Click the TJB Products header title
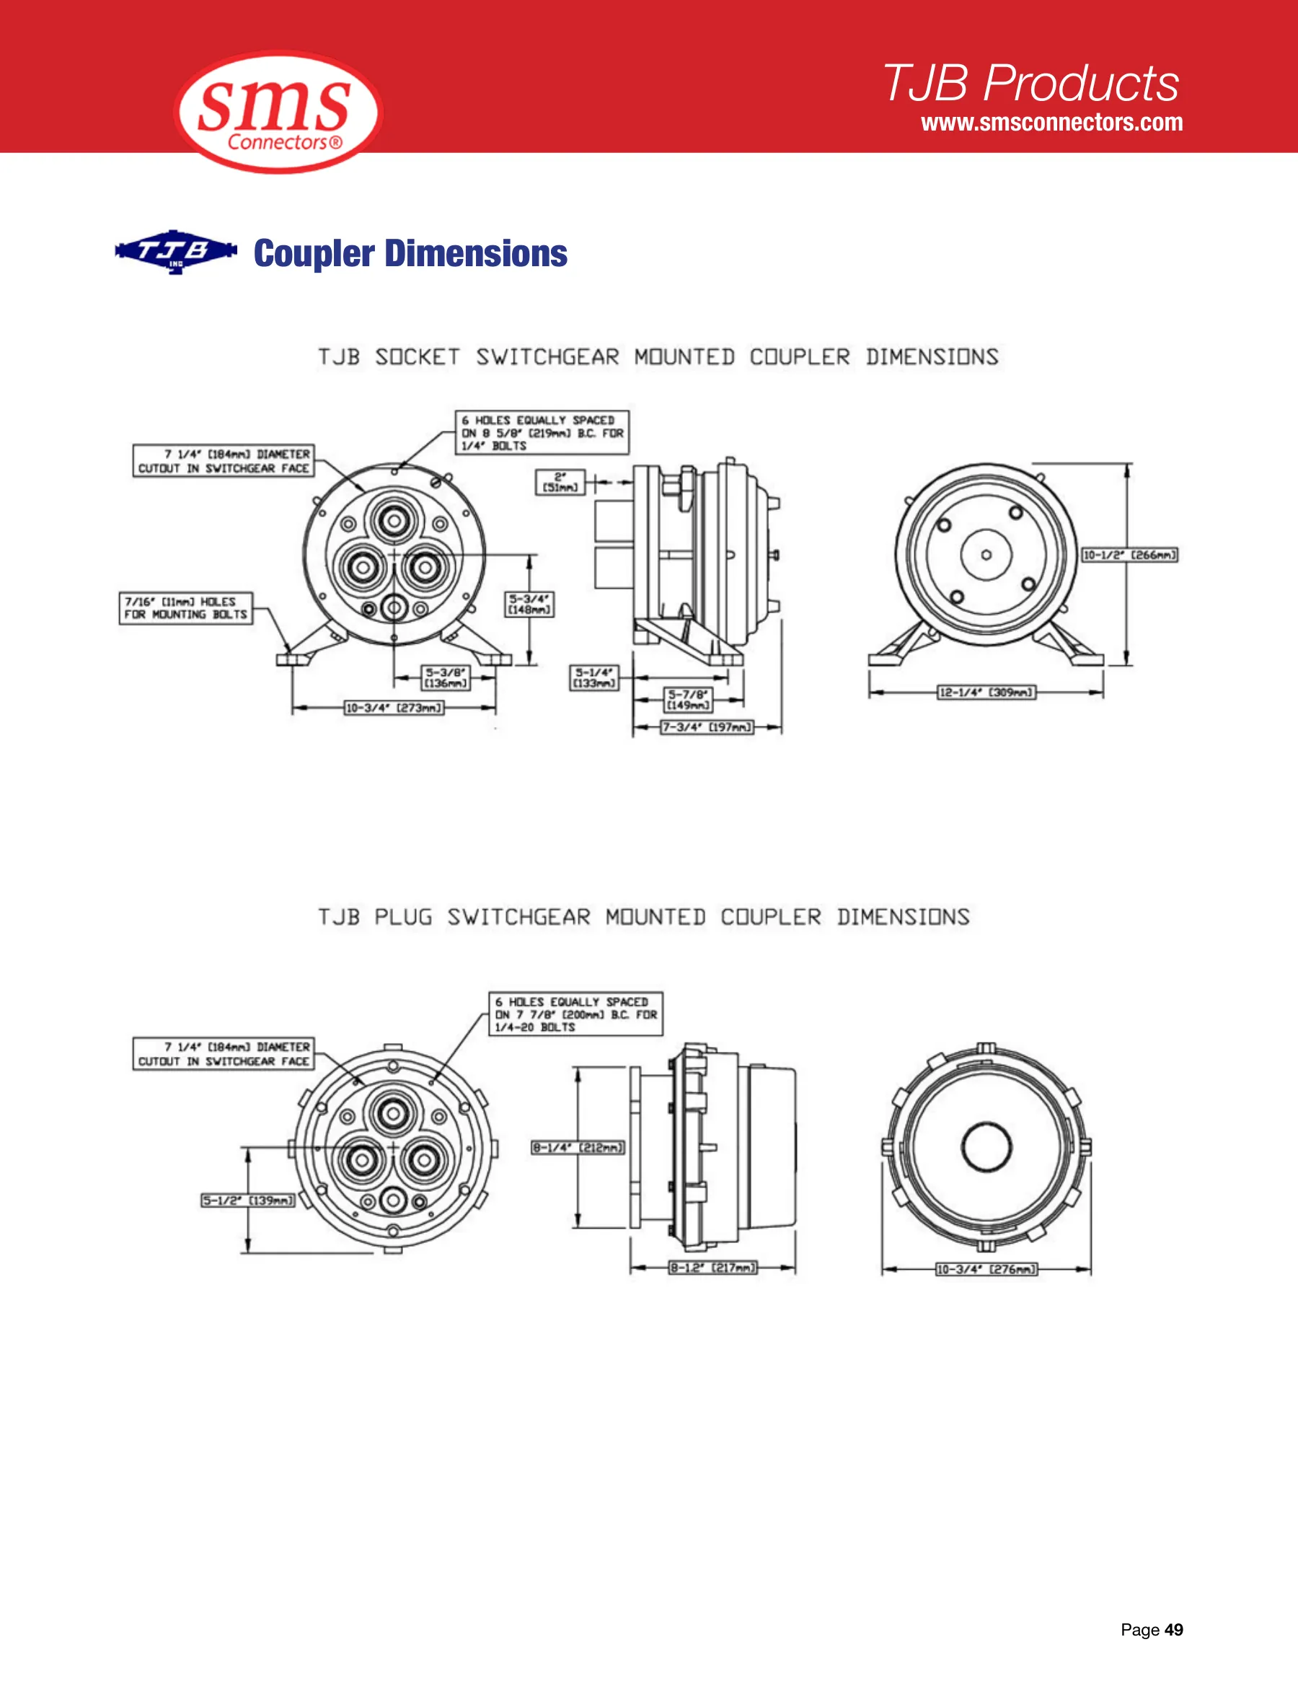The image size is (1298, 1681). [1031, 82]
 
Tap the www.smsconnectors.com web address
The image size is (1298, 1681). [1052, 123]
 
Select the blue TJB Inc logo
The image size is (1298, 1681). [176, 252]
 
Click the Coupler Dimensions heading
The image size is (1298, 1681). [411, 253]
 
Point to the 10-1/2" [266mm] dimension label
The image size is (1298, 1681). [1129, 555]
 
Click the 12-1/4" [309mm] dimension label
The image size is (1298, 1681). [986, 693]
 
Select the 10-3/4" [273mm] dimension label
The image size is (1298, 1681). [394, 708]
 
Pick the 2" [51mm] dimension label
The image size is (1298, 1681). [560, 483]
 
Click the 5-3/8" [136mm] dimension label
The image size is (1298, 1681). [446, 678]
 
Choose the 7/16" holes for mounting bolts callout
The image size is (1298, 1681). [186, 608]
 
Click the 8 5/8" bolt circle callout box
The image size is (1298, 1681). [542, 433]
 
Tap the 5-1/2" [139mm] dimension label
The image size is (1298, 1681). [248, 1201]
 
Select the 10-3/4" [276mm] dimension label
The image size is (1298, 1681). [986, 1269]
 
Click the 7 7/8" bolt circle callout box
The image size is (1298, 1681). [575, 1014]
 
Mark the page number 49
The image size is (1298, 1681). [1174, 1630]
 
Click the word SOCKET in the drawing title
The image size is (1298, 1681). [418, 357]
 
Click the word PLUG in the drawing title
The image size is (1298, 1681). [403, 918]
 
